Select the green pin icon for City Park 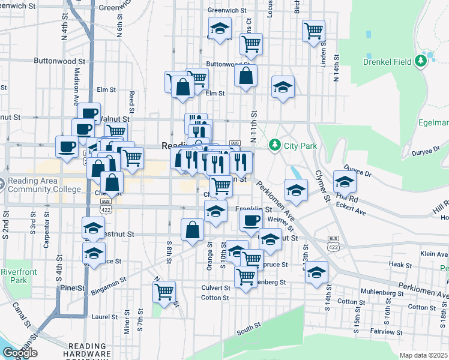[x=274, y=145]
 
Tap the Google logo [x=20, y=353]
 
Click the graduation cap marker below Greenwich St [x=220, y=28]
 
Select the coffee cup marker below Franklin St [x=251, y=220]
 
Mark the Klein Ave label [x=435, y=254]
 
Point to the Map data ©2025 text [x=423, y=355]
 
